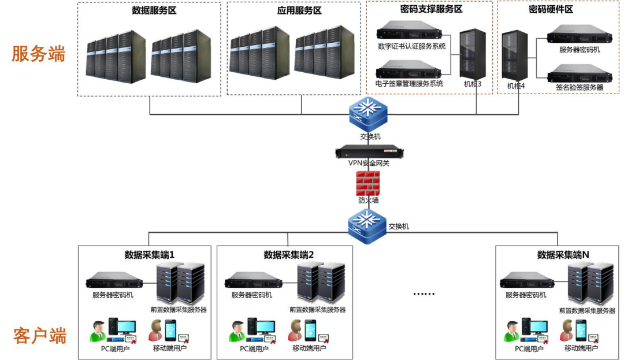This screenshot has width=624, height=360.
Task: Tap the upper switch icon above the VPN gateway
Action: [367, 114]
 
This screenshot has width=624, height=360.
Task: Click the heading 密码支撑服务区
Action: [430, 9]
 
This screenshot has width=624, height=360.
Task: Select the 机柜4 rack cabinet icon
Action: [514, 55]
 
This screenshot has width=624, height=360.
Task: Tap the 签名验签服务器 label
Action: [580, 87]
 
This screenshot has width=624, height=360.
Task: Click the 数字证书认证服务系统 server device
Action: [411, 30]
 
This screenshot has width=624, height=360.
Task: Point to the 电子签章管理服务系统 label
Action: [410, 84]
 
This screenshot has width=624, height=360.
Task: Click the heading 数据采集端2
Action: [288, 255]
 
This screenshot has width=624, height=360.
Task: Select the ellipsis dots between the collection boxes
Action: [424, 294]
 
